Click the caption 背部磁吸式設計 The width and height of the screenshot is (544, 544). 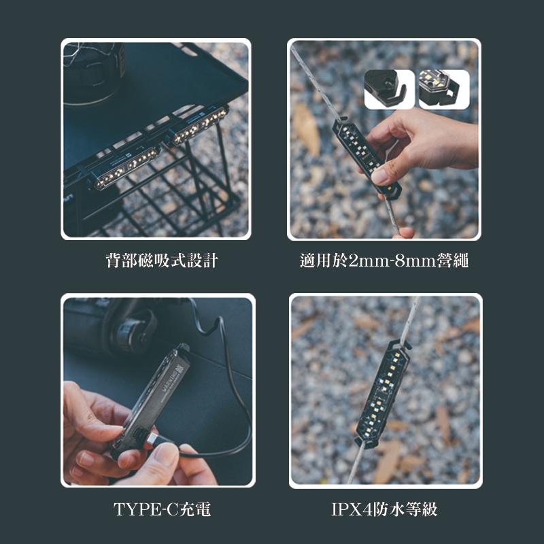[162, 261]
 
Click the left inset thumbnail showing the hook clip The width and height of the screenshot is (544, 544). [390, 89]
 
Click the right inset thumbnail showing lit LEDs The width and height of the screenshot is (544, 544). [443, 89]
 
